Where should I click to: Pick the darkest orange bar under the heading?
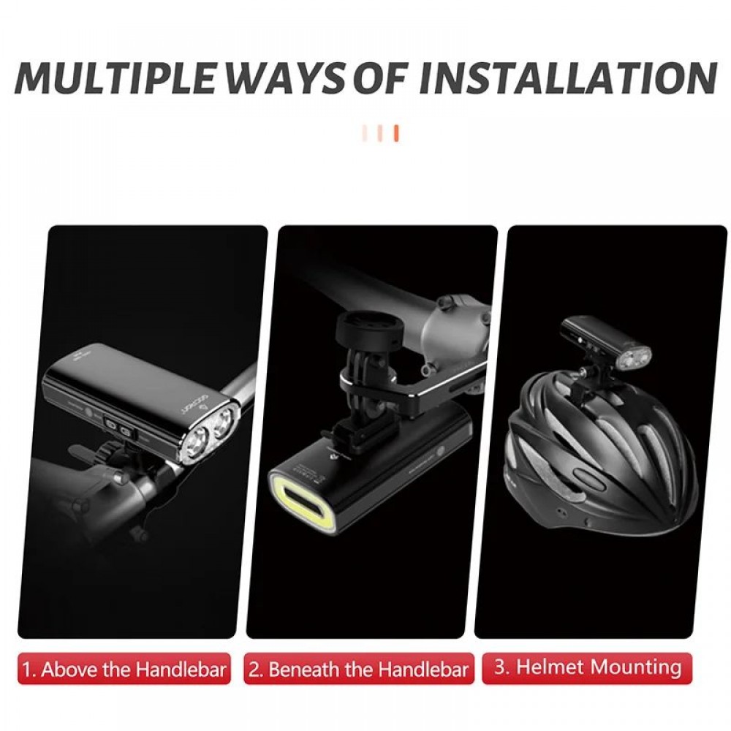coord(396,133)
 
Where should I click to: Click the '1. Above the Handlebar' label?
coord(124,670)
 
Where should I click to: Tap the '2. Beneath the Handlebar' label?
coord(358,670)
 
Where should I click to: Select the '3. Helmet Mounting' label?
coord(588,667)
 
